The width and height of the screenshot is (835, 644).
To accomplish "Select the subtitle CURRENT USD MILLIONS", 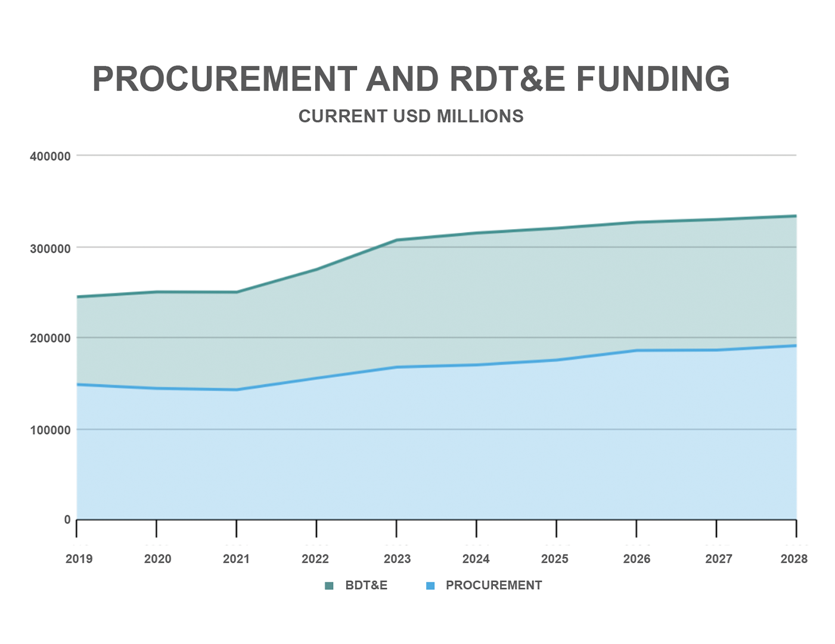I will tap(411, 116).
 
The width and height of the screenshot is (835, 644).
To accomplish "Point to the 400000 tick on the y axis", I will tap(50, 156).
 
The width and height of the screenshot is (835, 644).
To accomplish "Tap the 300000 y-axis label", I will tap(50, 248).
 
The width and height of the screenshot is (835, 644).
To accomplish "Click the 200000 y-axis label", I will tap(50, 339).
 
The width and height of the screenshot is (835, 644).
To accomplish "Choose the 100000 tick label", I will tap(50, 430).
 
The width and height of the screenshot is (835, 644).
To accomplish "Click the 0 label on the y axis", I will tap(67, 520).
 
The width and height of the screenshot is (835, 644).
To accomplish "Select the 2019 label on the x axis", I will tap(79, 559).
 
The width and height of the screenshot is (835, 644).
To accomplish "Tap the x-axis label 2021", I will tap(236, 559).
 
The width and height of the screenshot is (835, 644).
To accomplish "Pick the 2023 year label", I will tap(397, 559).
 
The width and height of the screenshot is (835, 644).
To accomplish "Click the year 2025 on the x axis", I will tap(555, 559).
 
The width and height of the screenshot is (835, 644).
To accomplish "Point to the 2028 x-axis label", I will tap(794, 559).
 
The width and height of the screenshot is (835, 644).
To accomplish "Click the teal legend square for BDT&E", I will tap(329, 586).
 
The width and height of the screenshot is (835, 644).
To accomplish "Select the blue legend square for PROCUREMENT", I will tap(430, 586).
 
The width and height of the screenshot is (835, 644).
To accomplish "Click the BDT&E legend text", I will tap(366, 586).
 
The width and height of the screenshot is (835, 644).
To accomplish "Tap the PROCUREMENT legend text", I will tap(493, 586).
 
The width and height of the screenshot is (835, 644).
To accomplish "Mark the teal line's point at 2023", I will tap(396, 240).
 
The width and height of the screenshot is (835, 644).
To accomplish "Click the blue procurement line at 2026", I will tap(637, 351).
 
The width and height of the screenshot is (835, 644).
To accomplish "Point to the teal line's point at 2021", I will tap(237, 292).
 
